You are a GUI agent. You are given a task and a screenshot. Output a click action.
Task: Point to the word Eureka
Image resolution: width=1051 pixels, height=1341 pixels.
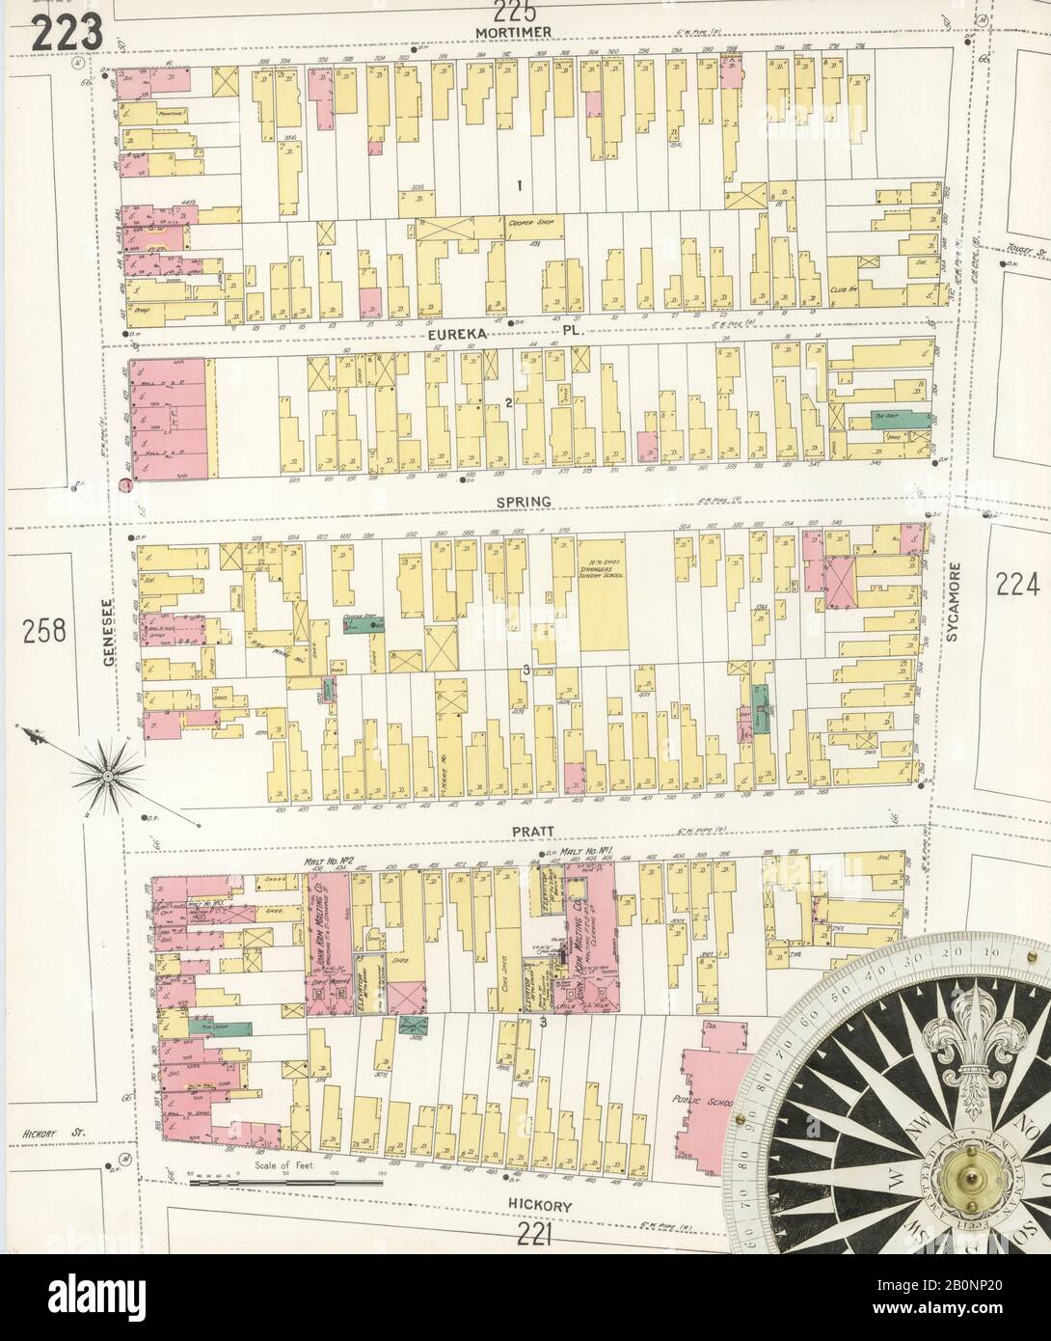tap(462, 334)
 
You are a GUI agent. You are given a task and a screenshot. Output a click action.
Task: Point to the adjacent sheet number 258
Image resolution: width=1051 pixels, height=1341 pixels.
tap(44, 631)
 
